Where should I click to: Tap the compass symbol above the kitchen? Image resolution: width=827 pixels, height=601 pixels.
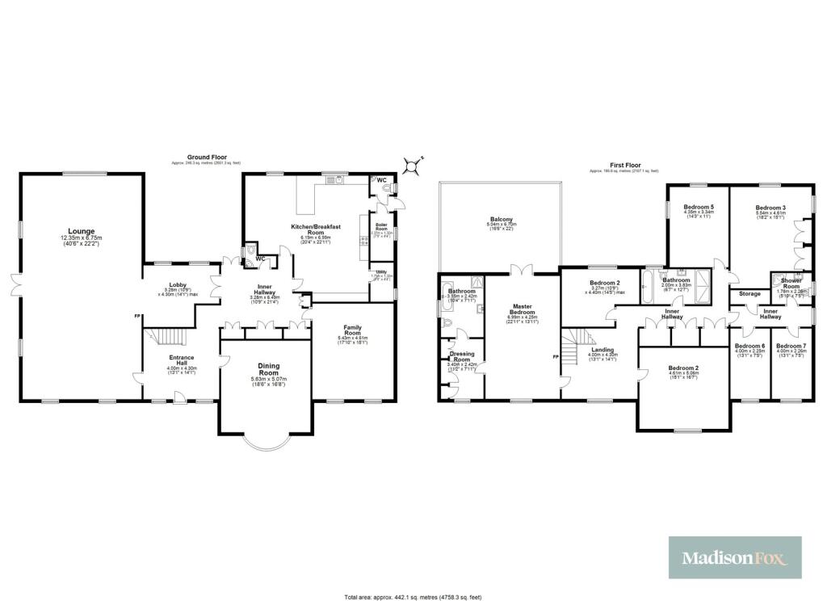[x=414, y=166]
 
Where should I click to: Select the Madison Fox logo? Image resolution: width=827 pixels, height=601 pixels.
[x=735, y=557]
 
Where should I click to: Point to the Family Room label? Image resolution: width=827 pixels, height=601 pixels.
[x=351, y=330]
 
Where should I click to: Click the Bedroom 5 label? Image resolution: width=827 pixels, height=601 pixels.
[x=697, y=208]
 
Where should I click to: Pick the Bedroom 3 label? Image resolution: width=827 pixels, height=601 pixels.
[x=770, y=208]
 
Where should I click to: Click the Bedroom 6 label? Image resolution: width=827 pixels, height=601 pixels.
[x=749, y=346]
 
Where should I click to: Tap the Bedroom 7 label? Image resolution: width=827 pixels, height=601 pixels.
[x=791, y=346]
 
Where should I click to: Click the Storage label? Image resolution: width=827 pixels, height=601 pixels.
[x=749, y=293]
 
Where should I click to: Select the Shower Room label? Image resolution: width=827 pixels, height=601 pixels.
[x=791, y=284]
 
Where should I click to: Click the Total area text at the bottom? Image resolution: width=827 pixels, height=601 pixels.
[x=413, y=596]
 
